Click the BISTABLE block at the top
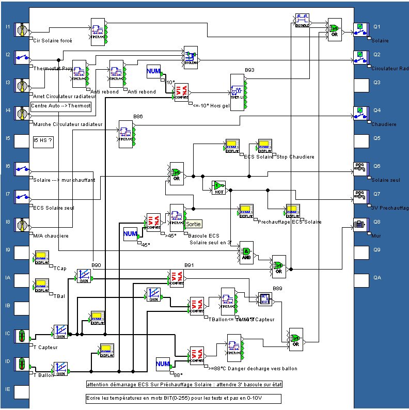click(x=302, y=20)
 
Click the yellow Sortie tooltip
click(x=194, y=224)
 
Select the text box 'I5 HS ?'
click(x=43, y=139)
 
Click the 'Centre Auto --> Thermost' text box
click(x=61, y=106)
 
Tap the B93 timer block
click(x=237, y=89)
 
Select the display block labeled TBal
click(x=41, y=285)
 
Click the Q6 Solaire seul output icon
click(x=360, y=167)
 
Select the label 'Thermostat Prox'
click(x=53, y=68)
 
